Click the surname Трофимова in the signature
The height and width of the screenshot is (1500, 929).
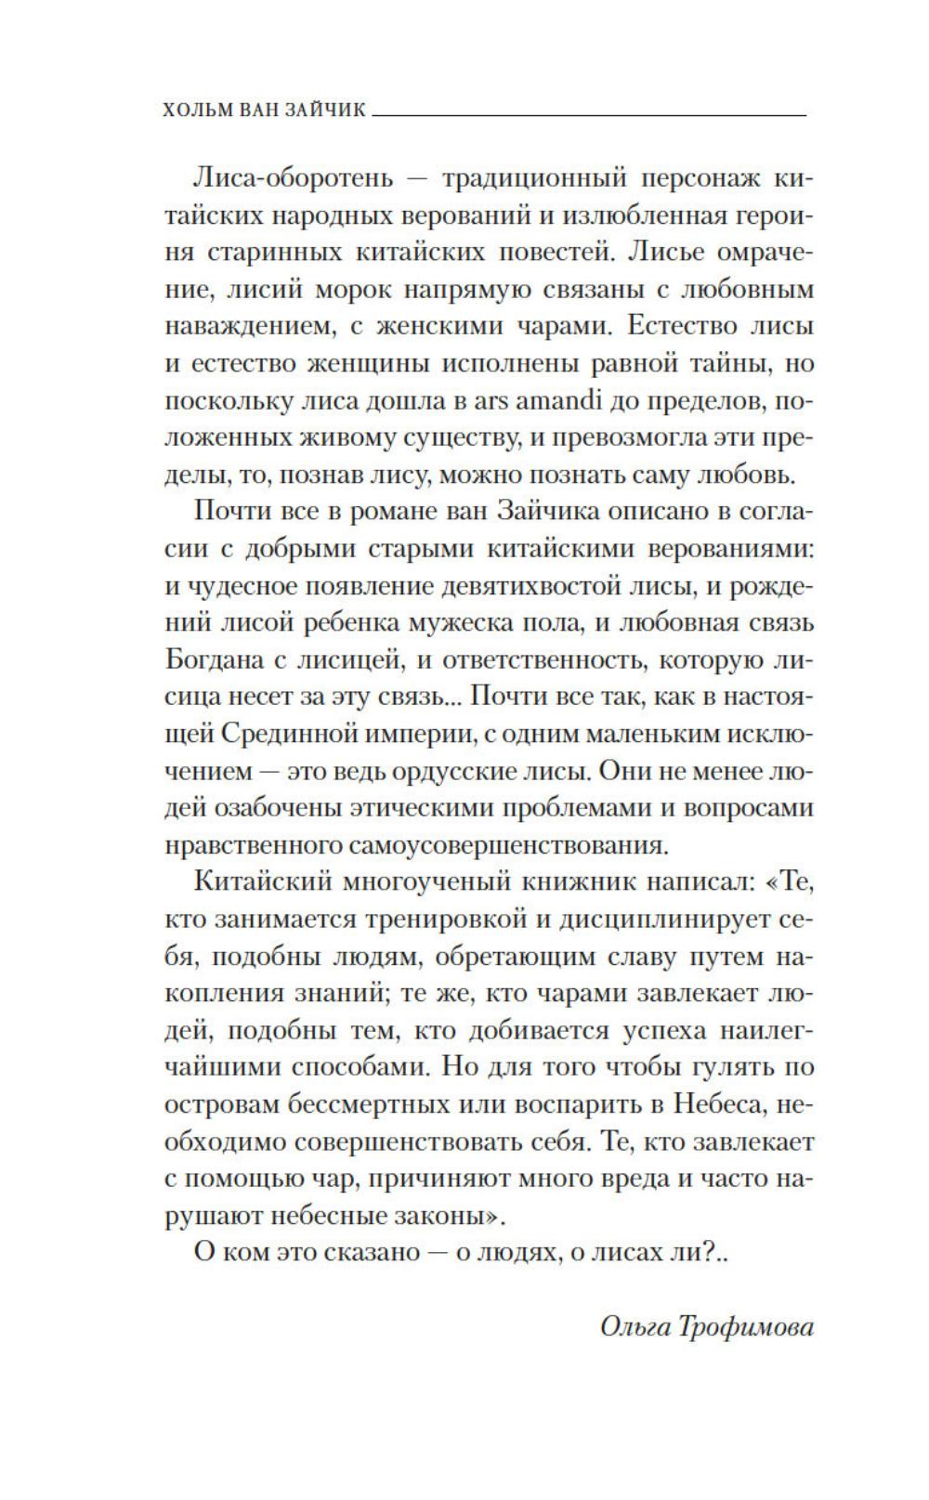[x=751, y=1326]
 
